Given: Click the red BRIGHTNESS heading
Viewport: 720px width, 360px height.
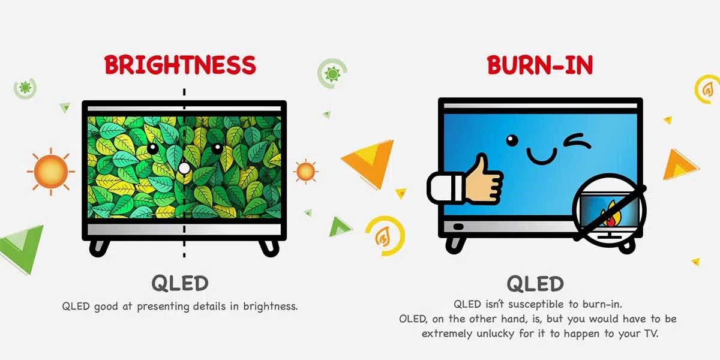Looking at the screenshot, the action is click(x=180, y=65).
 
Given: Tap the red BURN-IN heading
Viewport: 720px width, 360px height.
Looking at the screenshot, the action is click(x=540, y=65).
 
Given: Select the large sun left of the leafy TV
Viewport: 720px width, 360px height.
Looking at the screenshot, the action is click(x=51, y=172).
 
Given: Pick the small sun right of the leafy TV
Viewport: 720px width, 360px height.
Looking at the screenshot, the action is click(x=305, y=172).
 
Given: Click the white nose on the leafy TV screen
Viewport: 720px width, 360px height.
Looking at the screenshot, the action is click(x=184, y=168).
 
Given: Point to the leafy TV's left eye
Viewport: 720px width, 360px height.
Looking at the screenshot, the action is click(x=152, y=149).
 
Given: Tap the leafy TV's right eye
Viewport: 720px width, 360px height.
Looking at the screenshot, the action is click(x=217, y=148).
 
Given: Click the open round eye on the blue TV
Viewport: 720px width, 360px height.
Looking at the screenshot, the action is click(x=512, y=140).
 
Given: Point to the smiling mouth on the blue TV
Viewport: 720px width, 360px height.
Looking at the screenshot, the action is click(x=542, y=156).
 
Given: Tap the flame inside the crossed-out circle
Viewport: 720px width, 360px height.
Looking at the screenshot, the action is click(x=608, y=215).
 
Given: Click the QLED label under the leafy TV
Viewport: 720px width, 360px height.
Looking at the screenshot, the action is click(x=180, y=283).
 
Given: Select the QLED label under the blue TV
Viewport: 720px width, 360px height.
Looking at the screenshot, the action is click(x=535, y=283).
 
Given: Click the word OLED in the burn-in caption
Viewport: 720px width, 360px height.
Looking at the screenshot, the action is click(x=413, y=319).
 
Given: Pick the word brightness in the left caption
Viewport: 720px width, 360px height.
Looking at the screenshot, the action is click(x=271, y=306).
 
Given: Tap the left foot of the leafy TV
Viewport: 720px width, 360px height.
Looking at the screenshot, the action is click(x=99, y=248).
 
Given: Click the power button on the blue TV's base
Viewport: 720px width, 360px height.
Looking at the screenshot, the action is click(x=458, y=227).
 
